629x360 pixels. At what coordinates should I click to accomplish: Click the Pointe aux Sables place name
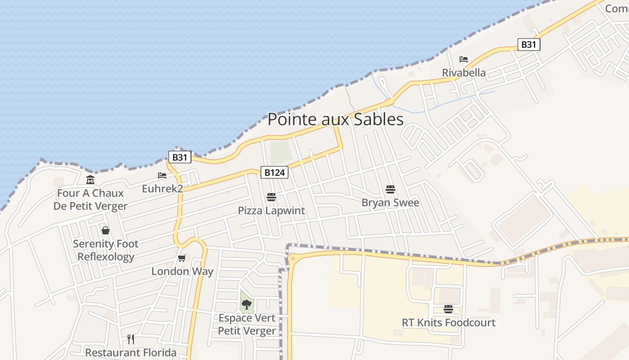(x=336, y=120)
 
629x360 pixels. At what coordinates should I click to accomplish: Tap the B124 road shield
(x=274, y=172)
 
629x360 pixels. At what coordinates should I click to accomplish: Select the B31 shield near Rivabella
(x=528, y=45)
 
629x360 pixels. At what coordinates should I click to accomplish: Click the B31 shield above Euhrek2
(x=180, y=157)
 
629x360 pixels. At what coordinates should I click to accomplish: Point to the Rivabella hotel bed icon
(x=464, y=59)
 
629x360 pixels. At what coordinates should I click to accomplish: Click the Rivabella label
(x=464, y=73)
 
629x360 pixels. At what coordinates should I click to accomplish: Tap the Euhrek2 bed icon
(x=162, y=175)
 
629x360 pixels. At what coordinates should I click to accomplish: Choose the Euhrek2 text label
(x=162, y=189)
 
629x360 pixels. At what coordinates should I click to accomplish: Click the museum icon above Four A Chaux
(x=90, y=180)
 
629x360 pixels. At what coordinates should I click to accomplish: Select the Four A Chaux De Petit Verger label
(x=90, y=200)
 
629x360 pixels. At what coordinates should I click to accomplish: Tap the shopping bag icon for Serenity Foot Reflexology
(x=106, y=230)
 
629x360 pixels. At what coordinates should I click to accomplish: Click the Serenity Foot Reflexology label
(x=106, y=250)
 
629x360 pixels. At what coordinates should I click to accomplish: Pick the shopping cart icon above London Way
(x=182, y=258)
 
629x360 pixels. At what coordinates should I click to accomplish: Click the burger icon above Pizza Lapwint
(x=271, y=197)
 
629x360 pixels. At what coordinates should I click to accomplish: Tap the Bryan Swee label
(x=390, y=202)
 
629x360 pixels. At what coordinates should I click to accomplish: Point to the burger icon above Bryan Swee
(x=390, y=189)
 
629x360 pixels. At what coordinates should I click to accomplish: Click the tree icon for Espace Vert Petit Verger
(x=246, y=305)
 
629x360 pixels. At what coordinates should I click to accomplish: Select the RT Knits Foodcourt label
(x=448, y=323)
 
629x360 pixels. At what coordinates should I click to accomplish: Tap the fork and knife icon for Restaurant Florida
(x=131, y=339)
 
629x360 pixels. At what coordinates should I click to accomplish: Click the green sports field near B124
(x=281, y=153)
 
